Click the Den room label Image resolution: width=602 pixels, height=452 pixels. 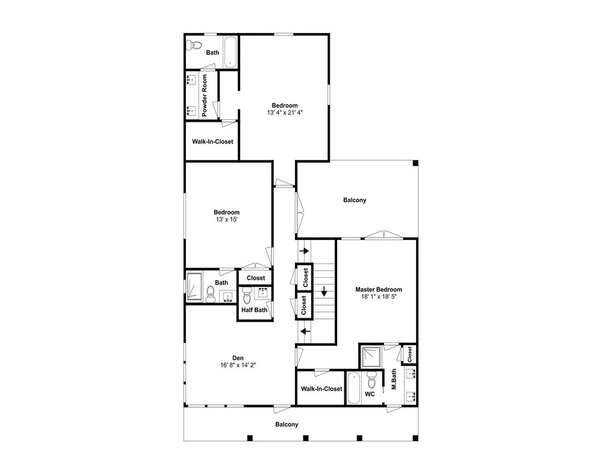tap(238, 358)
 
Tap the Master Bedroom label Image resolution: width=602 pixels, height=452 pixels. tap(379, 289)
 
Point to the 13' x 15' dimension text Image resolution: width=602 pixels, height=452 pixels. tap(226, 219)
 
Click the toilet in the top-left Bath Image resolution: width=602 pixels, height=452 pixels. tap(194, 45)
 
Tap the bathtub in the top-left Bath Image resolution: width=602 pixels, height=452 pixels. tap(231, 52)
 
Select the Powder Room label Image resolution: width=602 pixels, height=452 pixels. tap(204, 96)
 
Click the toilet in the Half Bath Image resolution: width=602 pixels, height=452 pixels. tap(247, 297)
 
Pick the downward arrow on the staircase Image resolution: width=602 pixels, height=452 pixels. tap(324, 291)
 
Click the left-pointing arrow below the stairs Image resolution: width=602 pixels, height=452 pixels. tap(305, 331)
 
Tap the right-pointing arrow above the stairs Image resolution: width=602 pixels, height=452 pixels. tap(304, 251)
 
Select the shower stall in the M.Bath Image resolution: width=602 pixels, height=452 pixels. tap(371, 357)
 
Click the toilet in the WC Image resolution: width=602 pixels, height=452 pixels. tap(371, 380)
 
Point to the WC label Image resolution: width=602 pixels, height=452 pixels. tap(370, 394)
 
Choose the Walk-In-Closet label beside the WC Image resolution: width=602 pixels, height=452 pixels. tap(321, 389)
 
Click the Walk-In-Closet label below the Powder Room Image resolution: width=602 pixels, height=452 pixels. tap(213, 142)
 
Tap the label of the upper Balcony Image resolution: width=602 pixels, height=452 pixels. tap(355, 200)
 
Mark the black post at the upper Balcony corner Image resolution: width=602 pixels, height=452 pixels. tap(415, 163)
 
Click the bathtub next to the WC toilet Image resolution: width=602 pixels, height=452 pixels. tap(354, 388)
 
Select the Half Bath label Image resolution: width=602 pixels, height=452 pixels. tap(255, 310)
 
